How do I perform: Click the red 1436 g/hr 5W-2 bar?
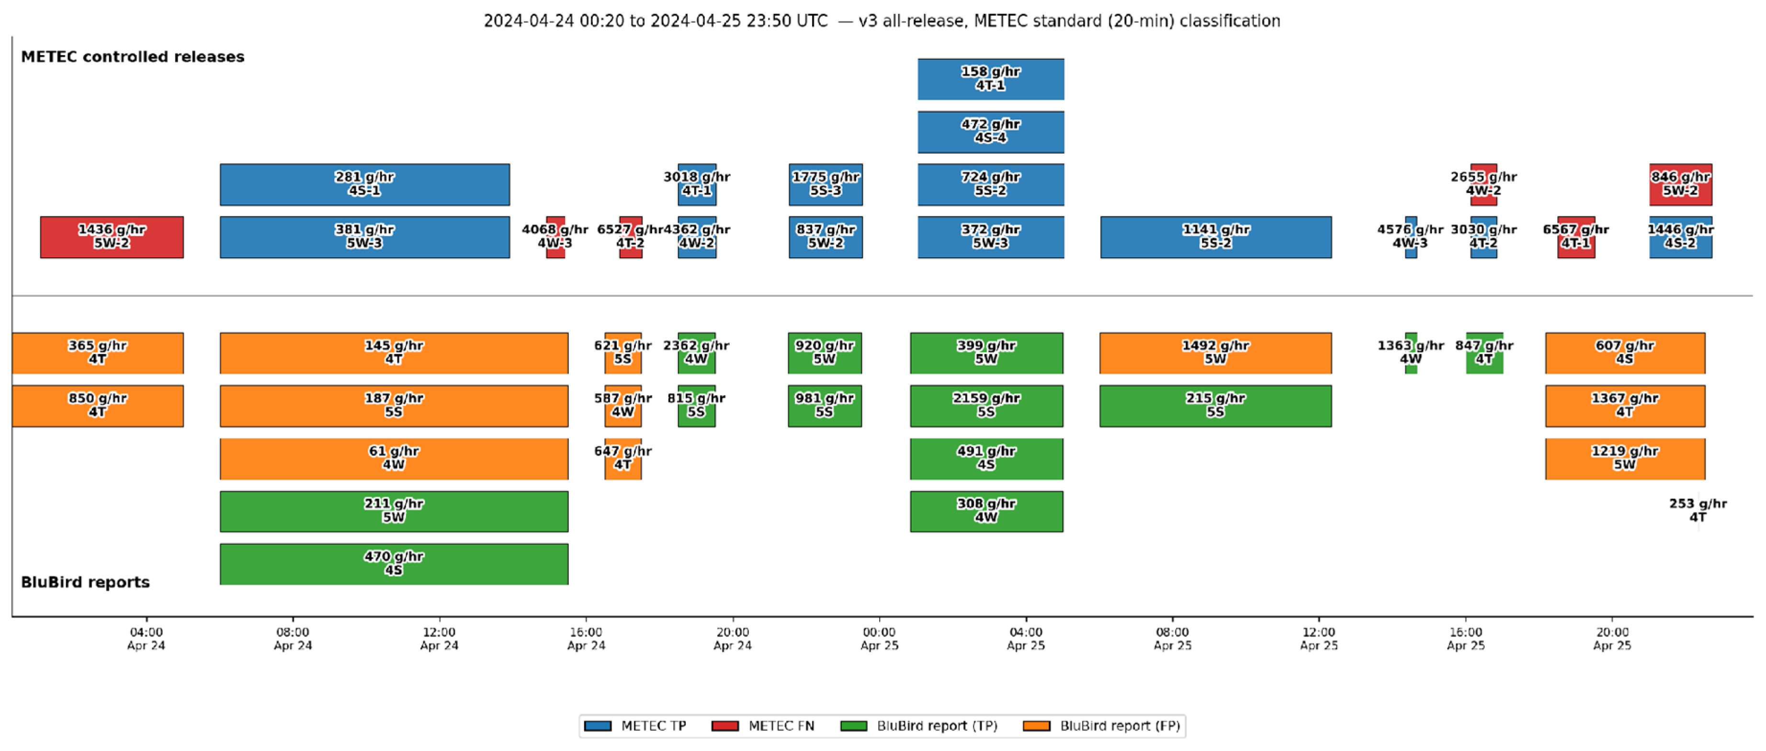(x=112, y=237)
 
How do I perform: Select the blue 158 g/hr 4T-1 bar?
(x=991, y=79)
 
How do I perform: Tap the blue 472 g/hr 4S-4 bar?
(x=991, y=132)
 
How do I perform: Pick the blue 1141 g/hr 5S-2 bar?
(x=1215, y=237)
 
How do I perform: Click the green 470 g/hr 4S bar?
(x=394, y=564)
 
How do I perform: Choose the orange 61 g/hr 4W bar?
(x=394, y=459)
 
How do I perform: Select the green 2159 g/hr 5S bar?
(x=986, y=406)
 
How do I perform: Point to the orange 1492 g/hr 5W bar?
(x=1215, y=353)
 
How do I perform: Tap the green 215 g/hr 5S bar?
(x=1215, y=406)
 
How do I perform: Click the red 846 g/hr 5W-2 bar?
(x=1680, y=184)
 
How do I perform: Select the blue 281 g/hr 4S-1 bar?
(x=365, y=184)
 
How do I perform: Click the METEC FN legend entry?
(x=763, y=726)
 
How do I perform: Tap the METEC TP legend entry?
(x=635, y=726)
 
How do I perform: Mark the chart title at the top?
(x=882, y=21)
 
